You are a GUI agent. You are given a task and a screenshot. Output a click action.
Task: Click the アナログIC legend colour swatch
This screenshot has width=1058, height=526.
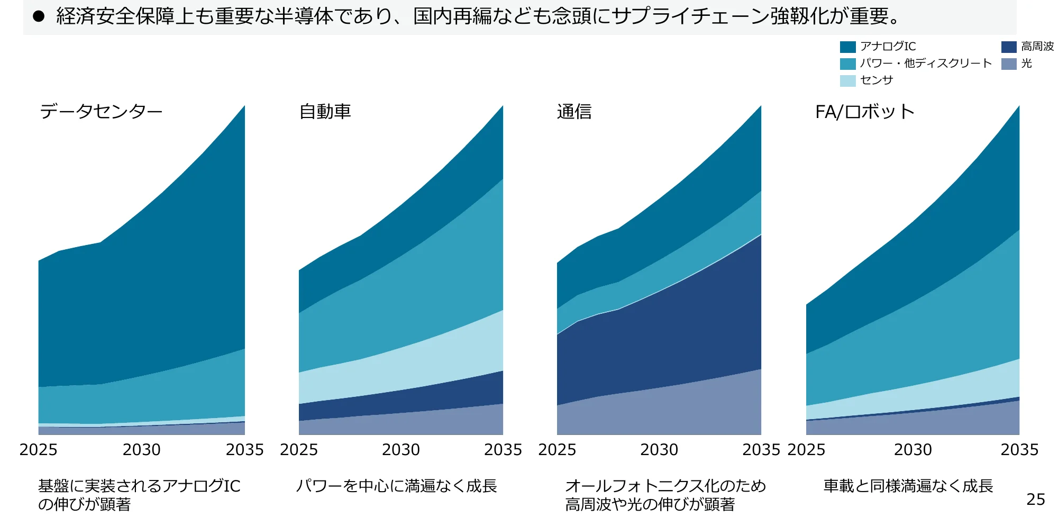click(847, 47)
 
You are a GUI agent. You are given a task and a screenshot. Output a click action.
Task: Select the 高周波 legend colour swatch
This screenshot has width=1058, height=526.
click(1009, 47)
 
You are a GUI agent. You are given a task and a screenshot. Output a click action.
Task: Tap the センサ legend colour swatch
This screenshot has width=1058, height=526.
click(847, 80)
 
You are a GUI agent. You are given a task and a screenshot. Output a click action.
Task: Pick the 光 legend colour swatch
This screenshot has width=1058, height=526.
click(1009, 64)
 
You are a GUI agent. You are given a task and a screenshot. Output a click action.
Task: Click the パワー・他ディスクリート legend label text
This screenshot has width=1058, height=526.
click(926, 64)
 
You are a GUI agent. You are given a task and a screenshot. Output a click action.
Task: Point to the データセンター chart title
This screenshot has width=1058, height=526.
click(101, 112)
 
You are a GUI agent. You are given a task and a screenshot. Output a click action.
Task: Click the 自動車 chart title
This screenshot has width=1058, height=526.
click(325, 112)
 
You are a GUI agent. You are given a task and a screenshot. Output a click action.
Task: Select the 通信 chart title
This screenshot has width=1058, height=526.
click(574, 112)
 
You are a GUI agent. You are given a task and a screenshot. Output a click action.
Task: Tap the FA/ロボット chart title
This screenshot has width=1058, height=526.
click(865, 112)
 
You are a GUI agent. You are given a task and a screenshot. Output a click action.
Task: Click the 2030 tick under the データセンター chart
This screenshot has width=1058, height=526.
click(141, 450)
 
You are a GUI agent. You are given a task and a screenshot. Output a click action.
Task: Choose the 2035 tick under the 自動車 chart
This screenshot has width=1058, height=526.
click(503, 450)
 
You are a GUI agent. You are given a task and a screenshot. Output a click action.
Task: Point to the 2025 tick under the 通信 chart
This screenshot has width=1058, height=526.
click(557, 450)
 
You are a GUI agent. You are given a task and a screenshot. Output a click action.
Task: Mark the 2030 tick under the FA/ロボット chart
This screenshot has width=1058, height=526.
click(913, 450)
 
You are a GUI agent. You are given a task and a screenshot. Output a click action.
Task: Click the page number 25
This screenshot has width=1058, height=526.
click(1035, 499)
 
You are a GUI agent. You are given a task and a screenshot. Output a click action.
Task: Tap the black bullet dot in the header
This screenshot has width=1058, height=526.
click(39, 16)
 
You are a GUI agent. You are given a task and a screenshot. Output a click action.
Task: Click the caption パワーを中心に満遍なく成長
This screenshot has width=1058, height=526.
click(396, 486)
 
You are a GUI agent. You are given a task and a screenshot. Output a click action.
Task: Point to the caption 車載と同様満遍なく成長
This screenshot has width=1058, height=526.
click(908, 486)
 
